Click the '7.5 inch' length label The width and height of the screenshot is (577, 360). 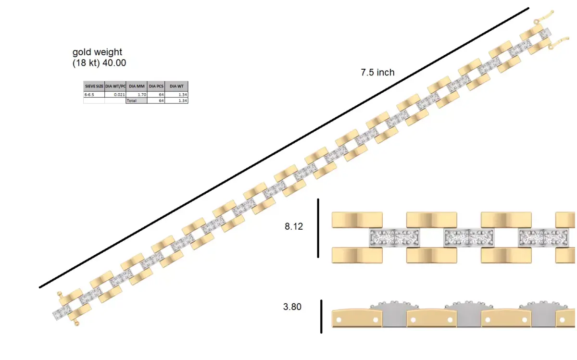click(377, 73)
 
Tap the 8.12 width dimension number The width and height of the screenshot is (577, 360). click(294, 226)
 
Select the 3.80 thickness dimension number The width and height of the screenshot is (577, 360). click(292, 307)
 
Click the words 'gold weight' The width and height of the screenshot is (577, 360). click(97, 52)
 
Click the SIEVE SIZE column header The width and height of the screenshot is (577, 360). click(94, 86)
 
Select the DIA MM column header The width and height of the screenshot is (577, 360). click(137, 86)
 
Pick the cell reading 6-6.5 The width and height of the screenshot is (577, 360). click(89, 95)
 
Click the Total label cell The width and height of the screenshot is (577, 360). click(132, 101)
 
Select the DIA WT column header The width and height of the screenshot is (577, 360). click(176, 86)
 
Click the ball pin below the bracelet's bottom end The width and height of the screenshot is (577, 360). click(75, 324)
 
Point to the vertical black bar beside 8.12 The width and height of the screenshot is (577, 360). click(318, 228)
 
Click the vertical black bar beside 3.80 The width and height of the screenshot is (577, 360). click(321, 316)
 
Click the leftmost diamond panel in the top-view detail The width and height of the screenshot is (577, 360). click(394, 237)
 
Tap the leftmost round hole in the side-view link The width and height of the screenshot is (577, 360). click(339, 320)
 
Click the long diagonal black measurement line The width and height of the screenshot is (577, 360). click(284, 148)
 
